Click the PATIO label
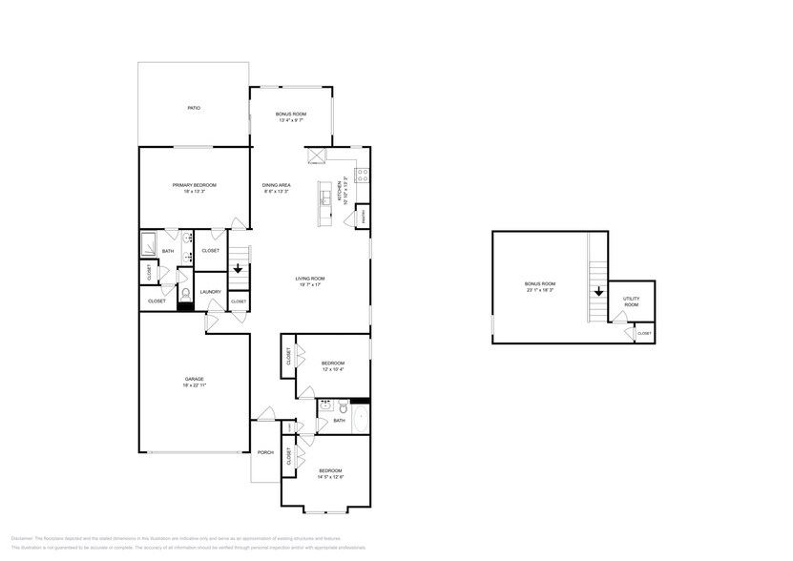pos(194,108)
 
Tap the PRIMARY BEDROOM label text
pos(194,184)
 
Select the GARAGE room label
pos(194,379)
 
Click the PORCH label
pos(266,452)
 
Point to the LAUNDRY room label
pos(211,292)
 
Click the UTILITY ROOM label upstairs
pos(631,301)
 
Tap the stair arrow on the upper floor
pos(598,293)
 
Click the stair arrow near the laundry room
pos(238,270)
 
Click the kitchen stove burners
pos(363,175)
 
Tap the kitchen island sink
pos(326,197)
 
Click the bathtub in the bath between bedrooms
pos(360,420)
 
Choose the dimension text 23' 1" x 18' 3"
pos(540,289)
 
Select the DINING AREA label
pos(277,184)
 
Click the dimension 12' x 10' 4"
pos(332,368)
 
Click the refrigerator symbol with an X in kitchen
pos(316,156)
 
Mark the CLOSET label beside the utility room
pos(644,333)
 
